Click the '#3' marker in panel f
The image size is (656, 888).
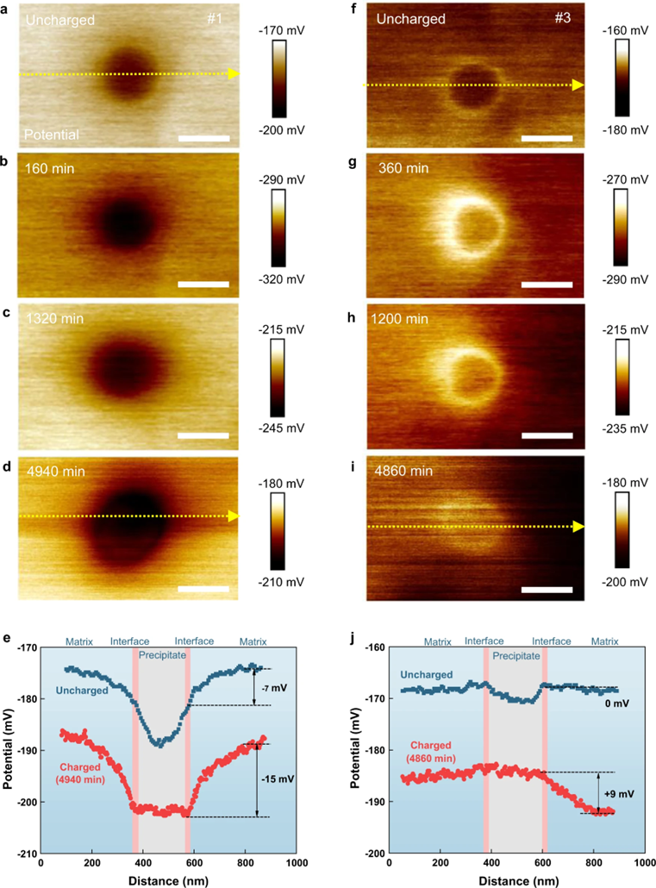pos(555,18)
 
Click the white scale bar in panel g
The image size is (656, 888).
pos(547,284)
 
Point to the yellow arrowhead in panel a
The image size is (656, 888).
pos(233,74)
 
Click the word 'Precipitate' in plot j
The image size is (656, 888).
pos(516,656)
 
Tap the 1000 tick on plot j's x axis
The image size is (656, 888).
pos(643,863)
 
